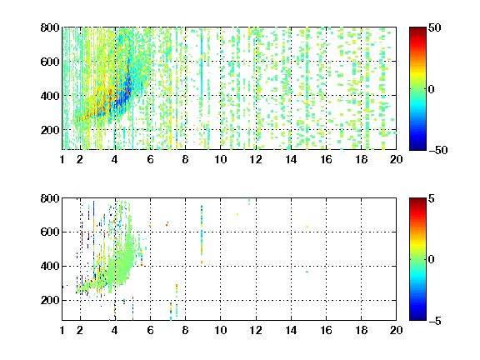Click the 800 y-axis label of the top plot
click(x=50, y=27)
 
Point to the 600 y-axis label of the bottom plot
click(x=50, y=232)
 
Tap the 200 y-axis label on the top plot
click(x=50, y=130)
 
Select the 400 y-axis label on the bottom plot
click(x=50, y=266)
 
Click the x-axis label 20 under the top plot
click(x=396, y=159)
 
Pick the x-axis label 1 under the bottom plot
click(x=62, y=330)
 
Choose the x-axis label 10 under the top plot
click(x=220, y=159)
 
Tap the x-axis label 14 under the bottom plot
click(x=291, y=330)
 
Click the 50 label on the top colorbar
click(x=434, y=27)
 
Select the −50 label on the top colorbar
click(x=437, y=150)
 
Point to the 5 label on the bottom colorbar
click(x=432, y=198)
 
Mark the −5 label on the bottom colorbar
click(x=435, y=321)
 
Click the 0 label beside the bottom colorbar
click(x=432, y=260)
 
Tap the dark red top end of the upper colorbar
click(x=417, y=29)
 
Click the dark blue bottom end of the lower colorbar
click(x=417, y=318)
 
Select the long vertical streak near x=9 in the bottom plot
click(x=202, y=234)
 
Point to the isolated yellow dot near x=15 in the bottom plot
click(x=307, y=227)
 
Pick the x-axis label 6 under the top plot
click(x=150, y=159)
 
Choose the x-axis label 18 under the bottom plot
click(x=361, y=330)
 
